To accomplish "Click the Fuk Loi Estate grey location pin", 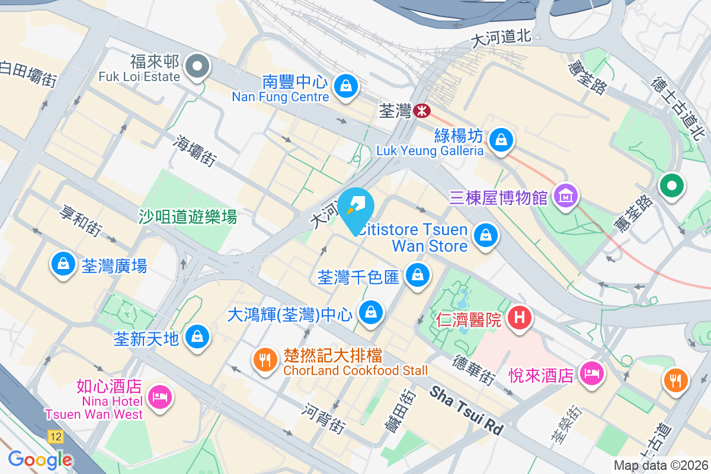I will pos(197,67).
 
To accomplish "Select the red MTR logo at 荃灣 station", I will pos(422,110).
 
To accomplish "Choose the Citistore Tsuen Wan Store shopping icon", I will pos(486,235).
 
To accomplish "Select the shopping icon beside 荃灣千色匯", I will pos(418,275).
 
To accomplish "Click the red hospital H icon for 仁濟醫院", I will pos(520,318).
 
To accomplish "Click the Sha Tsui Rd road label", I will pos(466,409).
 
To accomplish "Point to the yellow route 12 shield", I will pos(56,437).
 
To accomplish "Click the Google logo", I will pos(40,459).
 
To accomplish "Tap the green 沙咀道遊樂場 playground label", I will pos(188,217).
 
